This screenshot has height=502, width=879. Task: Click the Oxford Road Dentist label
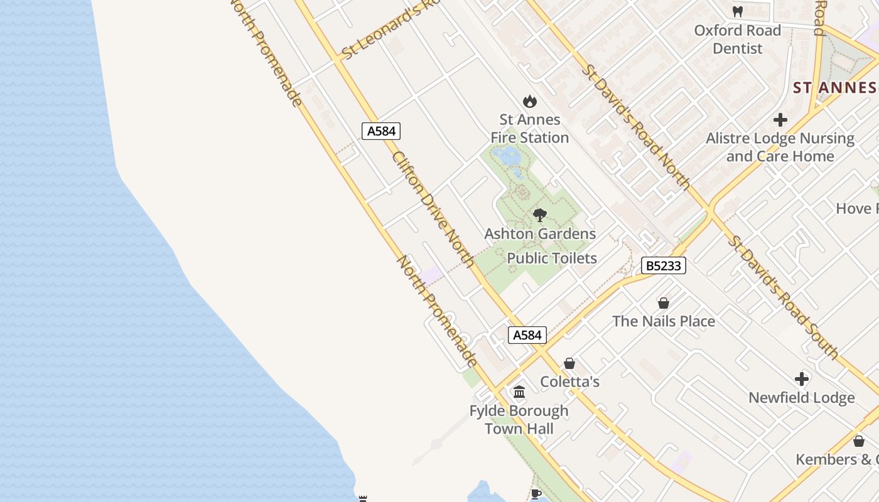tap(737, 39)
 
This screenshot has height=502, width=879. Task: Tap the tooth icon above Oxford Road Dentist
tap(738, 11)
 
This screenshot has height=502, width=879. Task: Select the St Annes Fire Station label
tap(529, 128)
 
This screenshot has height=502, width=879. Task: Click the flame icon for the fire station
tap(530, 101)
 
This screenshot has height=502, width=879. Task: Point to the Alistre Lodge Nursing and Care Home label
tap(780, 147)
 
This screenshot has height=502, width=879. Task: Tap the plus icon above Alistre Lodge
tap(780, 119)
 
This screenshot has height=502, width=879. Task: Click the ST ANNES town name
tap(835, 87)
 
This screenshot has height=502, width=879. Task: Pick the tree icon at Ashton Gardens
tap(539, 216)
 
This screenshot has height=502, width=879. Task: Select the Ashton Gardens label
tap(540, 234)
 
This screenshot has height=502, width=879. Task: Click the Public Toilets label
tap(551, 258)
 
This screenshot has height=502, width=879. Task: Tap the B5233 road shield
tap(664, 265)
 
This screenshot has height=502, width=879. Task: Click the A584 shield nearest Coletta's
tap(527, 335)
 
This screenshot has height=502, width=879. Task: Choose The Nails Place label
tap(663, 321)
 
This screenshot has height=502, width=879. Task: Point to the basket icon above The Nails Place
tap(663, 303)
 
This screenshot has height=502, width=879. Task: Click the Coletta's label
tap(569, 382)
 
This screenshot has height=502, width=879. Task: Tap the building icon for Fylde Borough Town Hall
tap(519, 392)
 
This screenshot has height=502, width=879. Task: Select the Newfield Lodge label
tap(801, 398)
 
